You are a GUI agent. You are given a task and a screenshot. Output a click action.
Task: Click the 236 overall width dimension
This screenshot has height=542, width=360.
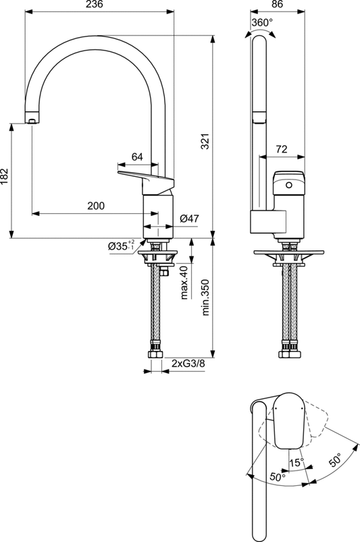pyautogui.click(x=99, y=5)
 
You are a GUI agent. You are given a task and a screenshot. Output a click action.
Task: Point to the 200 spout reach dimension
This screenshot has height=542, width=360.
pyautogui.click(x=95, y=206)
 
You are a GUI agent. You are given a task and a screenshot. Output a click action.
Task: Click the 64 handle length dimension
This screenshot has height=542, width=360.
pyautogui.click(x=137, y=157)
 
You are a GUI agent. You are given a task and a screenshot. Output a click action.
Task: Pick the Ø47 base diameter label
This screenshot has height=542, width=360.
pyautogui.click(x=190, y=218)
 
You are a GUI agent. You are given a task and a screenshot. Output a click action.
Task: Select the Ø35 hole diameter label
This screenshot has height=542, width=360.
pyautogui.click(x=122, y=247)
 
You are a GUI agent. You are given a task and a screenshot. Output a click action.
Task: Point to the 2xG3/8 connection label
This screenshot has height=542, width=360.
pyautogui.click(x=188, y=364)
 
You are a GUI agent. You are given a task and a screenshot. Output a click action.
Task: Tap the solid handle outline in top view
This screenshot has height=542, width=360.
pyautogui.click(x=287, y=421)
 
